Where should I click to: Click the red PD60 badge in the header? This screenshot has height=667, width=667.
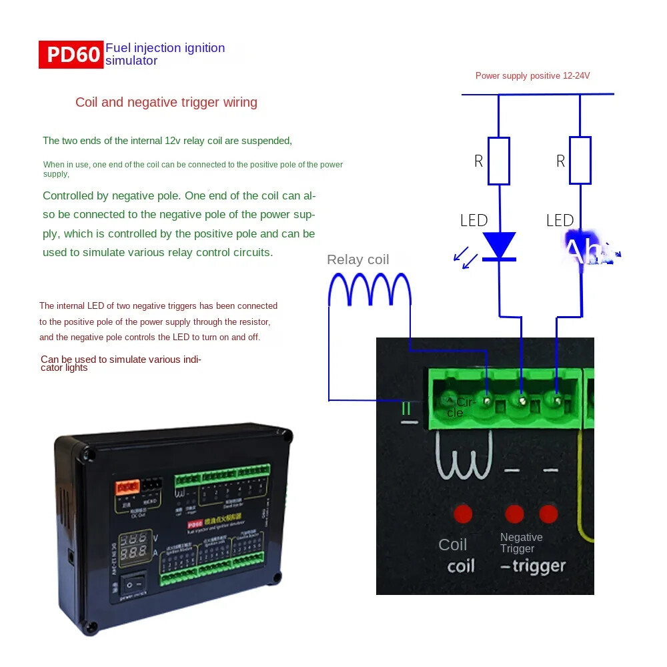click(x=71, y=54)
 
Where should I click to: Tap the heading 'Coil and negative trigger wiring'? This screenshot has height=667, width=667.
click(x=166, y=103)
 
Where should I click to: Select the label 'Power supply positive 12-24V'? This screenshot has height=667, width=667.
click(x=532, y=76)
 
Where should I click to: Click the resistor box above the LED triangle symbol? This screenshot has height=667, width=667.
click(x=499, y=161)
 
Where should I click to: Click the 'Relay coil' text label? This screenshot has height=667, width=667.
click(x=358, y=259)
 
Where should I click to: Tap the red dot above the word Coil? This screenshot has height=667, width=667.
click(x=463, y=514)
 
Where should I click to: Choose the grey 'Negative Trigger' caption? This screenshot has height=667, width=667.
click(x=521, y=543)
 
